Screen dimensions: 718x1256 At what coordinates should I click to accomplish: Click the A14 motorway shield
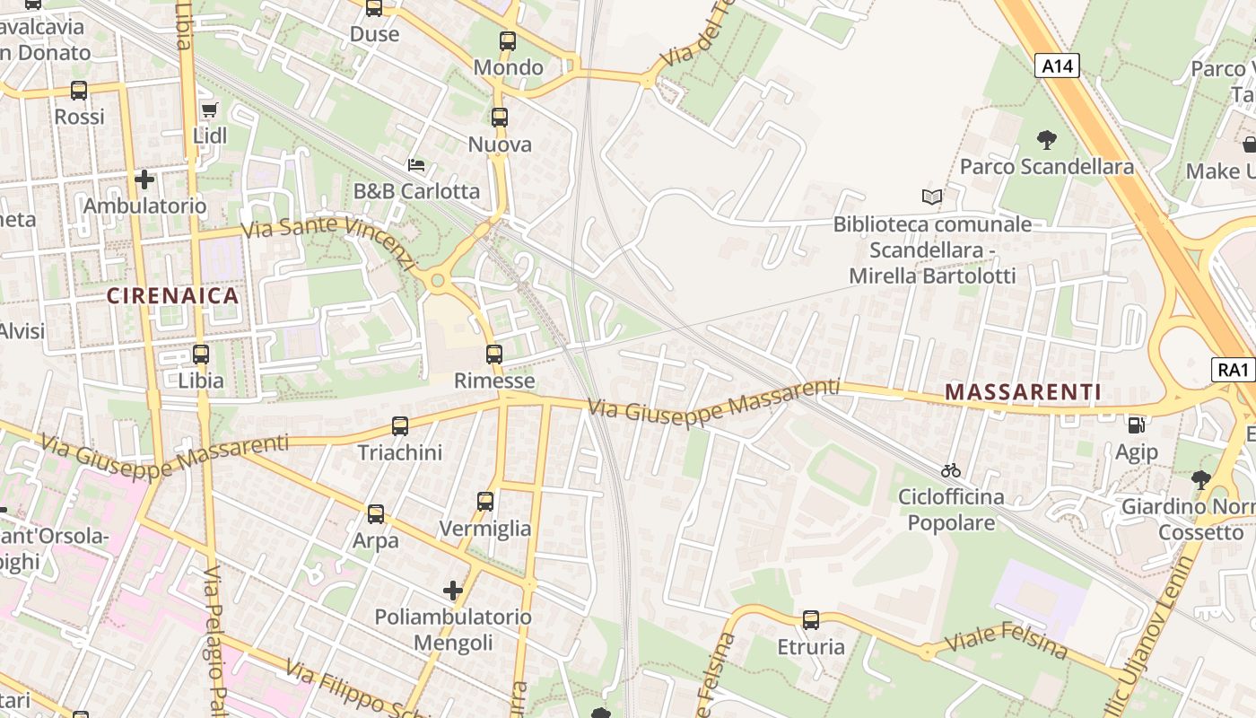[x=1057, y=66]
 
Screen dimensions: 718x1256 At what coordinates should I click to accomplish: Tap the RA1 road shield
[x=1234, y=369]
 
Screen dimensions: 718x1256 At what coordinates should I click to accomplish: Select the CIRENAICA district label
[x=173, y=295]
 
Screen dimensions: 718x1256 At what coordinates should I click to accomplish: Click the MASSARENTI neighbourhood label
[x=1023, y=391]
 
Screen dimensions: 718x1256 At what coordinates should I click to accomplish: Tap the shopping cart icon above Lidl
[x=210, y=109]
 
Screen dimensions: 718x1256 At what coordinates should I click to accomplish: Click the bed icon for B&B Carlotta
[x=416, y=165]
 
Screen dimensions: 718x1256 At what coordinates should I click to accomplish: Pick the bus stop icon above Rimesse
[x=494, y=355]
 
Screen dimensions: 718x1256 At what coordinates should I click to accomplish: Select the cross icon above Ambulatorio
[x=144, y=179]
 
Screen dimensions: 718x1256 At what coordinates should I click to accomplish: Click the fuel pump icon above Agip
[x=1136, y=425]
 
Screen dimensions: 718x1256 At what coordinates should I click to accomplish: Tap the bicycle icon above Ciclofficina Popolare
[x=951, y=470]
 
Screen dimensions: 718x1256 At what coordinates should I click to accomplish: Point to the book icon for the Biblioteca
[x=932, y=197]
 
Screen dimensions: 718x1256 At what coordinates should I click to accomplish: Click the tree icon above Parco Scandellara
[x=1046, y=139]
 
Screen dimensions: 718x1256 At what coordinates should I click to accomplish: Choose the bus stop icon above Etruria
[x=811, y=619]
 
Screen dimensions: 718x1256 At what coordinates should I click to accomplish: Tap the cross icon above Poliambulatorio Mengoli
[x=453, y=591]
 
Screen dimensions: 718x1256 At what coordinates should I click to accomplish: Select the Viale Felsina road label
[x=1007, y=644]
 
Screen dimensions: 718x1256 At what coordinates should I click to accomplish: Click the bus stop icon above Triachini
[x=400, y=426]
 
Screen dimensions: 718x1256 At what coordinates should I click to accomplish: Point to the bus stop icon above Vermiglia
[x=485, y=502]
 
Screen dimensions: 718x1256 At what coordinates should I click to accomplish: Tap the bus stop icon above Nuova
[x=500, y=118]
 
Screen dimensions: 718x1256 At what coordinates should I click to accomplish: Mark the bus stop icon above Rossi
[x=79, y=91]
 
